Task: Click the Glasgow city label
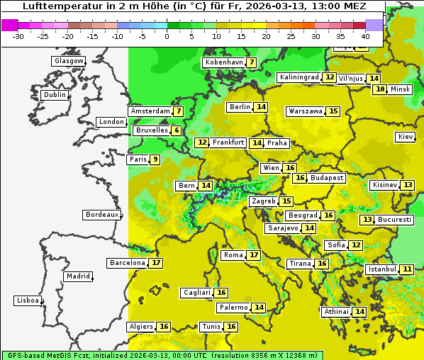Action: (x=68, y=61)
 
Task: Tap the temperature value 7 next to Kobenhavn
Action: (x=252, y=62)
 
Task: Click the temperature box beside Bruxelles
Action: (x=176, y=130)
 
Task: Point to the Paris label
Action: (x=138, y=159)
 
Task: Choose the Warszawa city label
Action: (x=305, y=111)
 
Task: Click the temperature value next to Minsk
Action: (x=380, y=89)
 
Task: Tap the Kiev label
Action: (x=406, y=137)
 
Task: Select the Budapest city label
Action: (x=327, y=178)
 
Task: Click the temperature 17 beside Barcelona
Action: (x=156, y=263)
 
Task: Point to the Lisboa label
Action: (x=28, y=300)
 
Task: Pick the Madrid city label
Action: (x=77, y=276)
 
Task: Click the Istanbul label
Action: (x=381, y=270)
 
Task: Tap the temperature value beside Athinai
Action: (x=359, y=312)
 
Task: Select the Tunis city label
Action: (x=211, y=327)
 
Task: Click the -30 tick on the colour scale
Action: (x=18, y=35)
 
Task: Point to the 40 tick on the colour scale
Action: (x=365, y=35)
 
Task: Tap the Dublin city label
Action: (x=55, y=95)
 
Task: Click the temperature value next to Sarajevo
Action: (x=309, y=228)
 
